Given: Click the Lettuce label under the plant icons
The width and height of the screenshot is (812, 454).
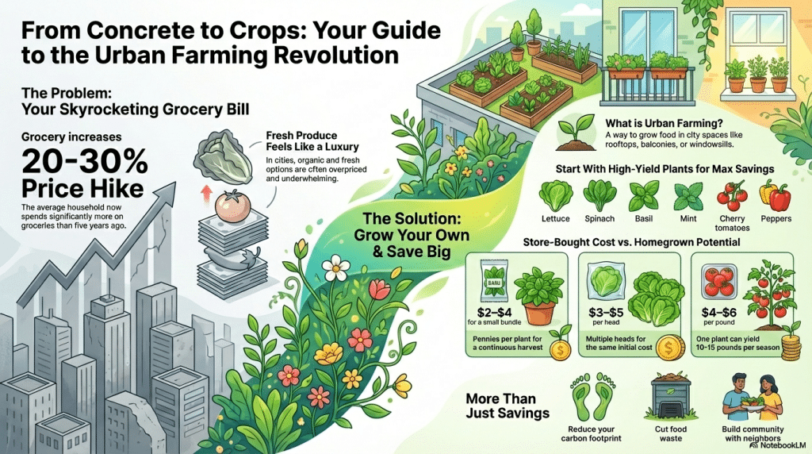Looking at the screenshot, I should (556, 219).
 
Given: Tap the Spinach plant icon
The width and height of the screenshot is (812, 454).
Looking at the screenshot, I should (600, 195).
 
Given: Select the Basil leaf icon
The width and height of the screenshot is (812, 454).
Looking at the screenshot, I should (643, 195).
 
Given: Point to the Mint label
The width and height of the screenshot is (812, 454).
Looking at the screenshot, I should (687, 219).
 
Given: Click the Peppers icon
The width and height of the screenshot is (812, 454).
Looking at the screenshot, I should (776, 195).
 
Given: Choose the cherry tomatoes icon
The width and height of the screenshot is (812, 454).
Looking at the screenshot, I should (731, 195).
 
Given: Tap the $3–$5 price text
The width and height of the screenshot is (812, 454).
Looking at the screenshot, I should (604, 312).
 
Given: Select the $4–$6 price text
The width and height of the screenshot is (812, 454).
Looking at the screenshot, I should (716, 312).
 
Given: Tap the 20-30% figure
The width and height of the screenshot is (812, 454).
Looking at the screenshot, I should (85, 164).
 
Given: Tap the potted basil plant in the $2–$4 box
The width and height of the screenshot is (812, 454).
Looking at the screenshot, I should (540, 294).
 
